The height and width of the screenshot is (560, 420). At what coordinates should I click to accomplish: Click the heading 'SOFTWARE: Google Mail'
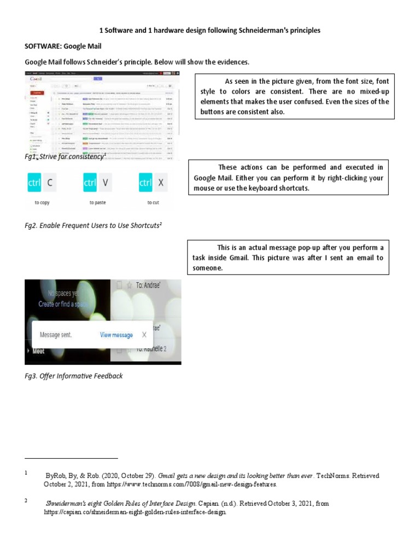click(63, 46)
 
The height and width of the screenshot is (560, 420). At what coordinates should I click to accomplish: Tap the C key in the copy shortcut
click(49, 183)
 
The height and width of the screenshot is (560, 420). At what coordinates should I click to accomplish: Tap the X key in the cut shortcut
click(161, 183)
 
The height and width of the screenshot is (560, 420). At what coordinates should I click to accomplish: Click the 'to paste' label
click(98, 202)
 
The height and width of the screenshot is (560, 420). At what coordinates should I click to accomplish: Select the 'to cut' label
click(153, 202)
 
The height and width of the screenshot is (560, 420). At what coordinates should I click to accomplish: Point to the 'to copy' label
click(42, 202)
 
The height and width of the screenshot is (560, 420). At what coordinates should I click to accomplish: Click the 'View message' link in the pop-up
click(116, 335)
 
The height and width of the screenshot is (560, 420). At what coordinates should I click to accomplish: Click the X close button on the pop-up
click(144, 335)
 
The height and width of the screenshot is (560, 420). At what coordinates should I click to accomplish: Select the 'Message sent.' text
click(56, 335)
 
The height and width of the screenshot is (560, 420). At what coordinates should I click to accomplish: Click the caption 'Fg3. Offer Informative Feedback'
click(74, 376)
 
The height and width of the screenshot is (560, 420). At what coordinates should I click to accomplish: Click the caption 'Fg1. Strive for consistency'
click(65, 157)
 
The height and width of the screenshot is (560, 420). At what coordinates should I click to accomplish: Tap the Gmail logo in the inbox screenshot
click(37, 78)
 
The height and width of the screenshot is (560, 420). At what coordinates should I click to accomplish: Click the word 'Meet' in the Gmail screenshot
click(38, 351)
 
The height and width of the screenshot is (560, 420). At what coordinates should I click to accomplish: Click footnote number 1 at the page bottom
click(26, 472)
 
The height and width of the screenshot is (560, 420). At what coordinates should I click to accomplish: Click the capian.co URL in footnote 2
click(135, 512)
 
